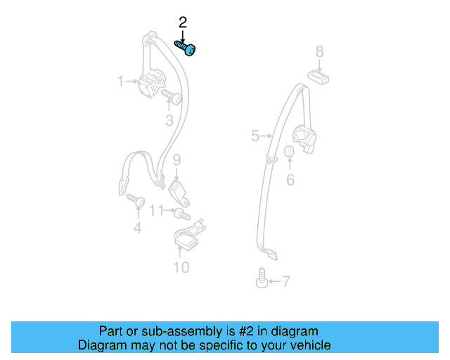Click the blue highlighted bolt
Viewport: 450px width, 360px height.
coord(186,49)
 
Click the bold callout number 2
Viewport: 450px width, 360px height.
coord(183,23)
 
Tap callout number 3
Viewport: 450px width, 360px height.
coord(169,121)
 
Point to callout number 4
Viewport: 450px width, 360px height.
coord(138,227)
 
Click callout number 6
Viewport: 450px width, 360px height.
coord(290,180)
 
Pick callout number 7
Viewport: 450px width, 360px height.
coord(285,282)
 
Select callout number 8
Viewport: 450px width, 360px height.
coord(319,51)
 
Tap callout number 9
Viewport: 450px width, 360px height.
coord(177,159)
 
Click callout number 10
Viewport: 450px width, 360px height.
coord(181,267)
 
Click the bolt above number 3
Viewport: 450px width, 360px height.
coord(170,96)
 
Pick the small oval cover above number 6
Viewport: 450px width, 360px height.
coord(289,154)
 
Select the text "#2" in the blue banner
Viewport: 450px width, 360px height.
coord(242,331)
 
